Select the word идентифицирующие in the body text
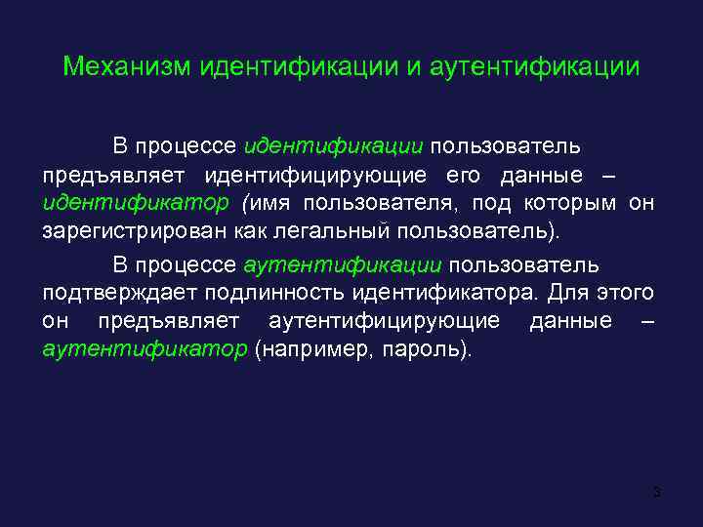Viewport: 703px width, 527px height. [x=314, y=176]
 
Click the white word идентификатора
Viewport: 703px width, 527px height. [x=430, y=293]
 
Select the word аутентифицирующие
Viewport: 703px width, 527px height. [x=384, y=321]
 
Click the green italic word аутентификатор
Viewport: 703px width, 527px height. [x=145, y=350]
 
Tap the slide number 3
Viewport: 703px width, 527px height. [x=657, y=491]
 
